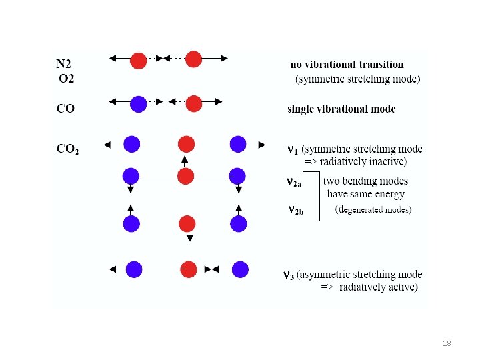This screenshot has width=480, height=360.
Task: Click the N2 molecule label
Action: point(65,65)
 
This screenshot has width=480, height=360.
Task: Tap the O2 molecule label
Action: point(67,78)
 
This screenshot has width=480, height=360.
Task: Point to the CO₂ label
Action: point(67,149)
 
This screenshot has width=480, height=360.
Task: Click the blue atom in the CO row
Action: point(138,104)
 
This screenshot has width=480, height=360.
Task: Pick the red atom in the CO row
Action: point(193,104)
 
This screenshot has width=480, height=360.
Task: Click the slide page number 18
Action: point(447,343)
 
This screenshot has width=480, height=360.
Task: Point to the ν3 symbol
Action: point(289,275)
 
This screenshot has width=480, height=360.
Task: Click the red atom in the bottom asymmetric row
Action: point(188,269)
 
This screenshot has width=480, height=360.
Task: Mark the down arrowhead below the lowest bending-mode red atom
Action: point(189,238)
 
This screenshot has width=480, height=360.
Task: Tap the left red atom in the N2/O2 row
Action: point(138,60)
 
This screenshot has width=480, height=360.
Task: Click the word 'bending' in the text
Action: point(369,181)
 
